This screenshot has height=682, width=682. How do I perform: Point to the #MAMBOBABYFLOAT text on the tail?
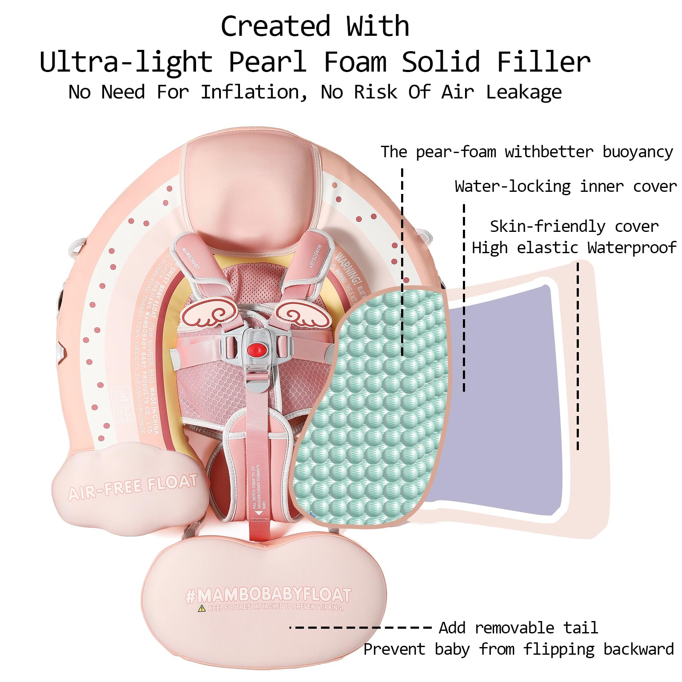tap(269, 595)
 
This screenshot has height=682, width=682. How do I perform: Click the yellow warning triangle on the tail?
tap(202, 608)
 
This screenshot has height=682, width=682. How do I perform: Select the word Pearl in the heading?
tap(267, 62)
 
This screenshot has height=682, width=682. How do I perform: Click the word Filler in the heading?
tap(543, 62)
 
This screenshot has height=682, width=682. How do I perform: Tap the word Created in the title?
tap(275, 26)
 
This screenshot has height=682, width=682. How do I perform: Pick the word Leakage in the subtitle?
tap(523, 92)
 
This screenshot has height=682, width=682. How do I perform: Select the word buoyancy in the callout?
tap(638, 152)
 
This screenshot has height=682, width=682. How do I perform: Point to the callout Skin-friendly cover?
tap(574, 226)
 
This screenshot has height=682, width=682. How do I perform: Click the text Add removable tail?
tap(518, 628)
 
